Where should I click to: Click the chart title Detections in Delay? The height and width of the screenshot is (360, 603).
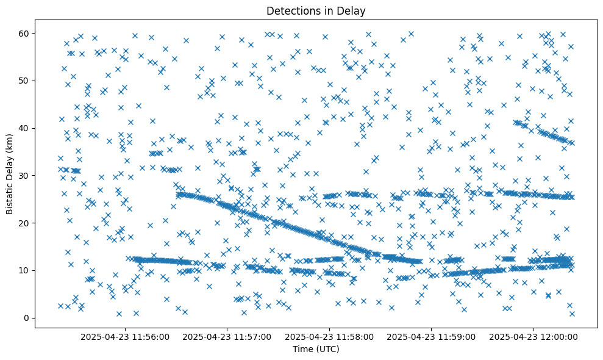coord(316,10)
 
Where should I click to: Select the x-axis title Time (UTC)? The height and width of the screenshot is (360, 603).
coord(316,349)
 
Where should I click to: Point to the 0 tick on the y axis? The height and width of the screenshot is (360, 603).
coord(27,318)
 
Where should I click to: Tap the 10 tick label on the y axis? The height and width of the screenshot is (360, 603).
coord(25,270)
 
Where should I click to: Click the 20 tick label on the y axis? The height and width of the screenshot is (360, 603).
coord(25,223)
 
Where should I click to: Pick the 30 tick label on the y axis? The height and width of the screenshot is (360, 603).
coord(25,176)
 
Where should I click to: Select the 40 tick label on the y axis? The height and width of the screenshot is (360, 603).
coord(25,128)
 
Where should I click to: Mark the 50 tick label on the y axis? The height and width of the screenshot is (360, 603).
coord(25,81)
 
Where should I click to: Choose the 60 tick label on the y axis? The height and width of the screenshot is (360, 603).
coord(25,33)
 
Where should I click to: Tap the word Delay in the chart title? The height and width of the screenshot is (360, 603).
coord(353,10)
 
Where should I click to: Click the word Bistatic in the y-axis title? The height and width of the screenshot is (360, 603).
coord(10,195)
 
